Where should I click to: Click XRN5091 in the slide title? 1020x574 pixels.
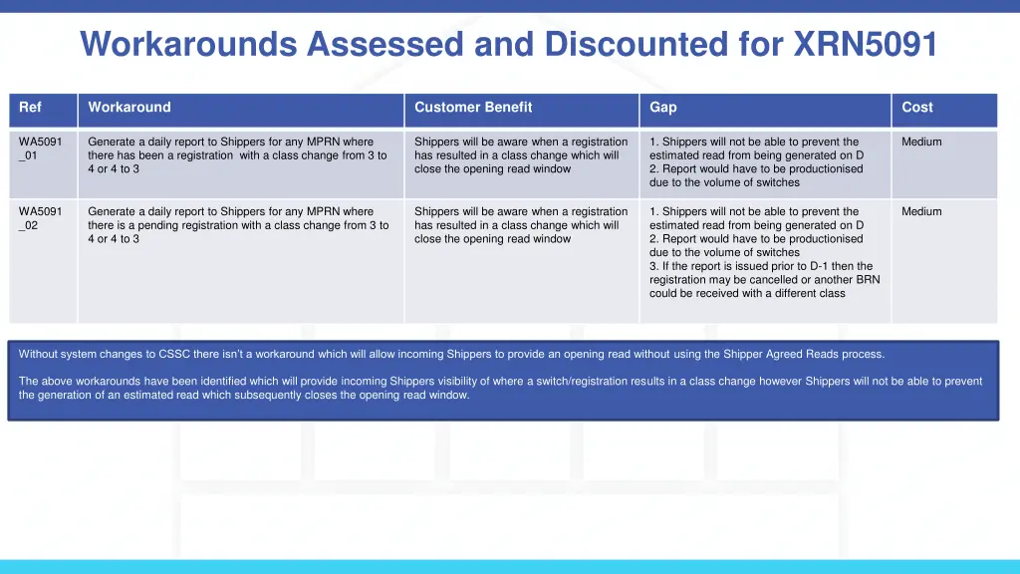click(865, 44)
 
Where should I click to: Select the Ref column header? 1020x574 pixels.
click(30, 108)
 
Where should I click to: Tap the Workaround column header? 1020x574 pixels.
click(129, 108)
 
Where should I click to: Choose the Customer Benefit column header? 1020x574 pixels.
click(473, 108)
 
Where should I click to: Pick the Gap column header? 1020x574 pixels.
click(663, 108)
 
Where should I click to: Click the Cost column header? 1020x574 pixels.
click(917, 108)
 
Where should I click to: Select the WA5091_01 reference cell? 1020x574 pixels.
click(41, 148)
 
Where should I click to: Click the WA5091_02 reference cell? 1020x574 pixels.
click(41, 218)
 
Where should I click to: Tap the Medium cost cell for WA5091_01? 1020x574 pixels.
click(921, 143)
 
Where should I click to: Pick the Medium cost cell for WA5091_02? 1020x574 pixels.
click(921, 212)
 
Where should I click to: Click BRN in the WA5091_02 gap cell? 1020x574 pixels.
click(867, 280)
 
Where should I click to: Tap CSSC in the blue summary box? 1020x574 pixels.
click(175, 354)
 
